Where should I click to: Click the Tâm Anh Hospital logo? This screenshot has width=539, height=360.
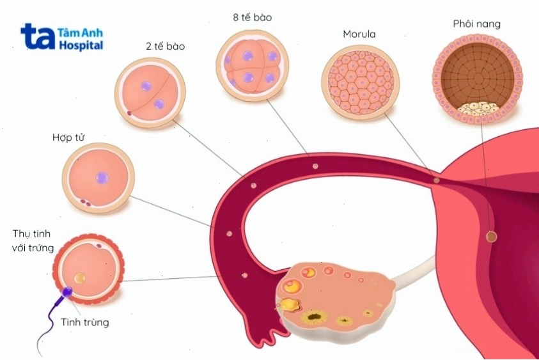point(62,38)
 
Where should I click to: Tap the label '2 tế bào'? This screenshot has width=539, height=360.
point(166,46)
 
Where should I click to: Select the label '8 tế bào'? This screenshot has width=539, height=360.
point(253,17)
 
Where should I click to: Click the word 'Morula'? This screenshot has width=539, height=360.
point(359,34)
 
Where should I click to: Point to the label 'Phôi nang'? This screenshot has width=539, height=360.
point(476,24)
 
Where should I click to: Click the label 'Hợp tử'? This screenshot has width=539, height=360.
point(68,137)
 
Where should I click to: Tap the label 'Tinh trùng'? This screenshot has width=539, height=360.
point(85,322)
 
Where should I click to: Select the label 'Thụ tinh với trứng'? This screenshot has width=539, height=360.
point(33,240)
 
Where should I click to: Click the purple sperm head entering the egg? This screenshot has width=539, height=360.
point(66,292)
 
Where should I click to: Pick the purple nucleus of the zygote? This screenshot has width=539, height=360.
point(102,178)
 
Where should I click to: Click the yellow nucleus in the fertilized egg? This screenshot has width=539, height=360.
point(80,278)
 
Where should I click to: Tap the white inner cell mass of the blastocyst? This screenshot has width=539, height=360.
point(478,108)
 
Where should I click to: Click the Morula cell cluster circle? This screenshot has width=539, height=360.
point(361,82)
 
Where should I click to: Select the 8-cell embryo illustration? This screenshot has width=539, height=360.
point(253,65)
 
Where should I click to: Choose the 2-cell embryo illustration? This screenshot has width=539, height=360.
point(150,93)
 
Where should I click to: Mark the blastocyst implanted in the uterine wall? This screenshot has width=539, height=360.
point(492,237)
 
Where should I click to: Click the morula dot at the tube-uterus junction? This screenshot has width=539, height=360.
point(437,180)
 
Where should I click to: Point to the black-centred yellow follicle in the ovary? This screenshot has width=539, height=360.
point(314,317)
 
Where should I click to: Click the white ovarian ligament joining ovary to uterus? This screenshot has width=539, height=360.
point(412,272)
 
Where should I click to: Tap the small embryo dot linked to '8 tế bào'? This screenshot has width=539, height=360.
point(315,166)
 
